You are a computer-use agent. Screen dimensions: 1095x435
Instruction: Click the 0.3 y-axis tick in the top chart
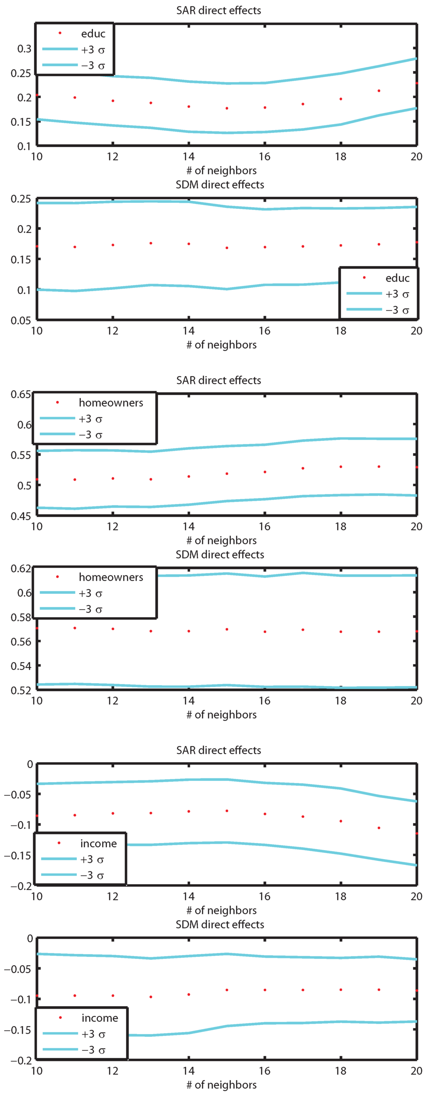24,49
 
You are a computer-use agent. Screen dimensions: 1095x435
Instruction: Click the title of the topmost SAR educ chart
218,10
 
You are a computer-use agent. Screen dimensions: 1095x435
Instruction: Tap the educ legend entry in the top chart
93,34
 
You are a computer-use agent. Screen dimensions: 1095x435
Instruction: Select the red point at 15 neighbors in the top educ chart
227,108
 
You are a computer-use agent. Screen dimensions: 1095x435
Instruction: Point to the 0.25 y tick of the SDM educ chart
21,199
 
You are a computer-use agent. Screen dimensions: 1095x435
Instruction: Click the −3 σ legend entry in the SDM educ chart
397,310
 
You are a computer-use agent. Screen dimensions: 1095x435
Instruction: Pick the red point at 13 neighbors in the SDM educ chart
151,243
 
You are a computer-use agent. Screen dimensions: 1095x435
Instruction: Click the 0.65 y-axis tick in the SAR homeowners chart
21,394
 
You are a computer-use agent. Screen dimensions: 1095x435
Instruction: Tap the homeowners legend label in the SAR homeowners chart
111,403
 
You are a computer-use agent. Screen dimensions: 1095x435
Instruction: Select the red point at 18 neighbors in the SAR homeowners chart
341,467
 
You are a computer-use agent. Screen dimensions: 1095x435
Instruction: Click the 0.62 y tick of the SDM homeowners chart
21,568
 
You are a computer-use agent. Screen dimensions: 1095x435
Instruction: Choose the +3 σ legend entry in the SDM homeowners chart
90,593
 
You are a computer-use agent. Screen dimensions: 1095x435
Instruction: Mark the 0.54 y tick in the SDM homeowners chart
21,666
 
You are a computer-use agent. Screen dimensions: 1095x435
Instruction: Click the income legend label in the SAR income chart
99,843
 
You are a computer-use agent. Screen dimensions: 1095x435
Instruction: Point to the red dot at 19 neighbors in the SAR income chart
379,828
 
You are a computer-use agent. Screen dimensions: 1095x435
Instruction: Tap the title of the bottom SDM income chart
220,924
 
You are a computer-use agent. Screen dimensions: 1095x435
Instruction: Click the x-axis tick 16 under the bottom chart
265,1070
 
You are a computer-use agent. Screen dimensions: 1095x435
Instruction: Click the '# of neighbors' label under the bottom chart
221,1084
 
